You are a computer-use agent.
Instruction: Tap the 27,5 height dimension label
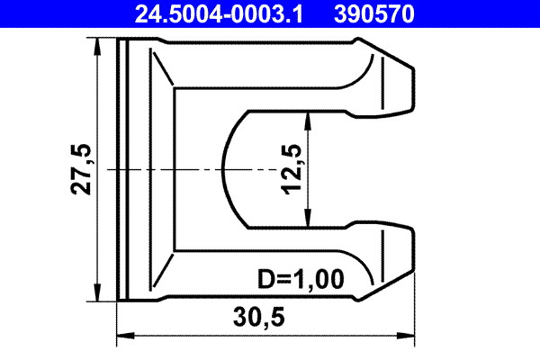(83, 169)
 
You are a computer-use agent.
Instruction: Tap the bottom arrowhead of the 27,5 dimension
(97, 293)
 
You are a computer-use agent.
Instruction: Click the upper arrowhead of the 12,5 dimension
(308, 117)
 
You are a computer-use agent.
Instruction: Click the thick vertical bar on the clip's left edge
(121, 169)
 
